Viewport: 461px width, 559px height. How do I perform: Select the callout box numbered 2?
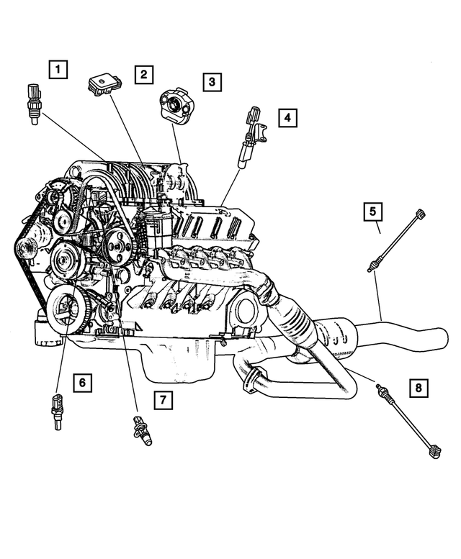tap(143, 73)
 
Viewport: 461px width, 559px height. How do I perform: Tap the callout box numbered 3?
tap(211, 82)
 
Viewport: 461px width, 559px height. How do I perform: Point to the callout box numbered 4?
tap(287, 117)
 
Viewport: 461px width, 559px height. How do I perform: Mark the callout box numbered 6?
tap(82, 383)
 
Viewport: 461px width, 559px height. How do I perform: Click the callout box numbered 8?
tap(417, 388)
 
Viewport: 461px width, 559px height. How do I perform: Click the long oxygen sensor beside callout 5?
tap(397, 240)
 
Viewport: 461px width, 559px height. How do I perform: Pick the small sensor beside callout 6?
tap(56, 413)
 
